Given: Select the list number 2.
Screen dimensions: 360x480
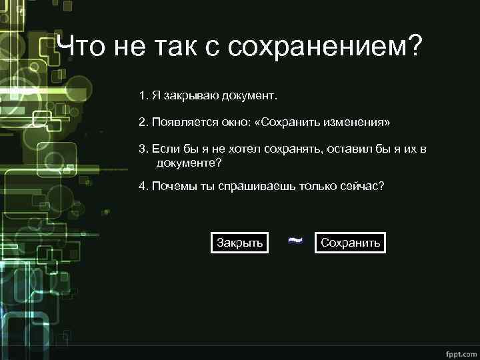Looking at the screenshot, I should coord(143,123).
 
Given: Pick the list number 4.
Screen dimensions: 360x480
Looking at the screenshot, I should coord(143,186).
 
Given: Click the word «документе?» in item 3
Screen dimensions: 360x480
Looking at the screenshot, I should coord(189,162).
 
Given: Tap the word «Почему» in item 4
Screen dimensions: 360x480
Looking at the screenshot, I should coord(172,186).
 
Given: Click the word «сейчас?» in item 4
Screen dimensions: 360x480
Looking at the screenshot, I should coord(364,186).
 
